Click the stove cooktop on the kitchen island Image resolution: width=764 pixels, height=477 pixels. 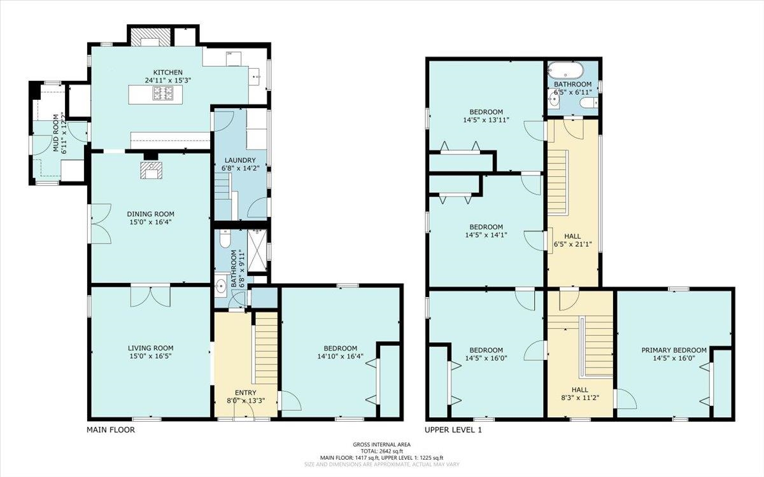click(x=163, y=93)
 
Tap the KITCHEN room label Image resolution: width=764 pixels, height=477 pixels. click(x=168, y=73)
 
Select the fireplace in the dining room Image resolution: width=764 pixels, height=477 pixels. click(x=151, y=170)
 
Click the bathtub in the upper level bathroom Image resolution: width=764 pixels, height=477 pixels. click(x=566, y=71)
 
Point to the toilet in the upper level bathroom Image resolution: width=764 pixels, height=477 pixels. click(x=589, y=102)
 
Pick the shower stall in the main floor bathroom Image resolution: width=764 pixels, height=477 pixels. click(x=257, y=251)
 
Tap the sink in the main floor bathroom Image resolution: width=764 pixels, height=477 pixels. click(x=221, y=286)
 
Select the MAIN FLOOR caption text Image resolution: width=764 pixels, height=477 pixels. click(x=111, y=430)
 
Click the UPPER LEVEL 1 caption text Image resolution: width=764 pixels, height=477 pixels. click(x=453, y=430)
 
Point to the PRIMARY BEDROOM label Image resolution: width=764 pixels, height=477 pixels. click(x=674, y=350)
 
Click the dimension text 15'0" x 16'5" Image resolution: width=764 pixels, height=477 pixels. click(x=150, y=356)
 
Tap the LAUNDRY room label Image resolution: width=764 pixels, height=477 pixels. click(x=240, y=160)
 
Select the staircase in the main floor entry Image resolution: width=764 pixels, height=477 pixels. click(x=266, y=348)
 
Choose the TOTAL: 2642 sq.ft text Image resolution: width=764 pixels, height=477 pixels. click(x=382, y=452)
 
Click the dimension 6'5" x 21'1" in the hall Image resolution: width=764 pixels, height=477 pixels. click(x=572, y=244)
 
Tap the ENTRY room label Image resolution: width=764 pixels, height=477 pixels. click(x=246, y=393)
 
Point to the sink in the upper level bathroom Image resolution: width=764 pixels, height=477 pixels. click(x=555, y=99)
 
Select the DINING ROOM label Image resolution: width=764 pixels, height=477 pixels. click(x=150, y=214)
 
